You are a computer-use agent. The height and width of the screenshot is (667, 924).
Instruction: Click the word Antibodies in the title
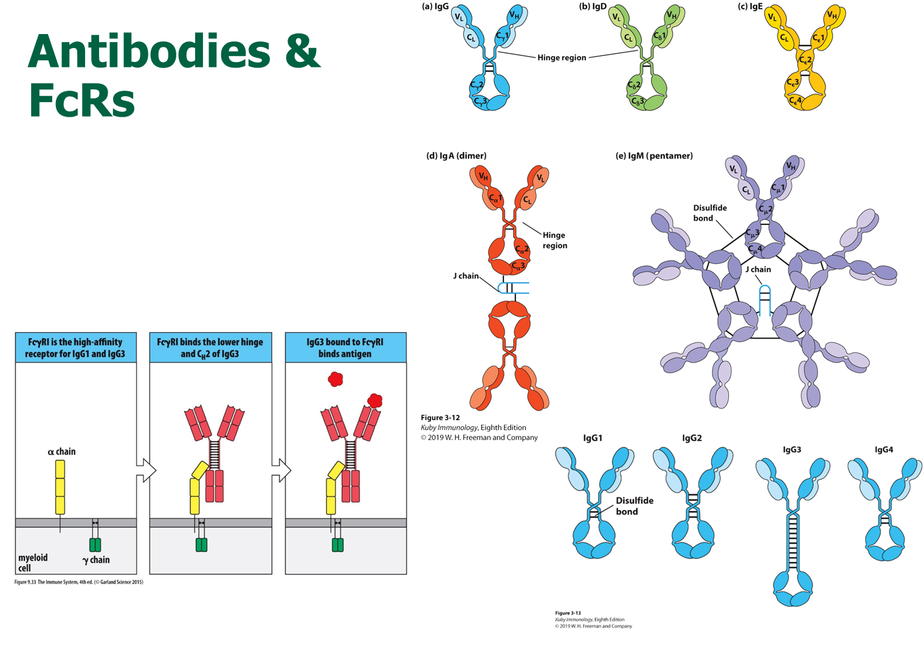tap(149, 52)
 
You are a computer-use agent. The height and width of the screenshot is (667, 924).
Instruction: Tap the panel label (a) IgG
tap(435, 7)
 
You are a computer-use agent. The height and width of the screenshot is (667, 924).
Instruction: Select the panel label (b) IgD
tap(593, 7)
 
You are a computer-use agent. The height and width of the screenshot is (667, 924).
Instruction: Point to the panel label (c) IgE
tap(750, 7)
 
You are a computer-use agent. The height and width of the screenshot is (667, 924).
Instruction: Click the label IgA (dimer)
tap(457, 156)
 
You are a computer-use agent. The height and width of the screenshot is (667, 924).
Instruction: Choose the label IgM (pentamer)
tap(654, 156)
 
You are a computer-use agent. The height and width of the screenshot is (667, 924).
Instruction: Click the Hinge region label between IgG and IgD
tap(562, 58)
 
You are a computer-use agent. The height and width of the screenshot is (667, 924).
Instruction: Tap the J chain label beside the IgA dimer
tap(466, 276)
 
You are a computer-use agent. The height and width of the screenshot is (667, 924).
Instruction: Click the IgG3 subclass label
tap(791, 450)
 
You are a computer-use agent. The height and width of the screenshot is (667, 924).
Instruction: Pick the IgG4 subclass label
tap(884, 450)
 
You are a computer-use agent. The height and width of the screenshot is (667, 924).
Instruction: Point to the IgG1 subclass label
tap(593, 438)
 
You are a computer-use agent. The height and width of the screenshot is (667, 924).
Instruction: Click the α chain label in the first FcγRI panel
tap(62, 452)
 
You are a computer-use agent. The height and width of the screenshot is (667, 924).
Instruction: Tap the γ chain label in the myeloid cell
tap(96, 560)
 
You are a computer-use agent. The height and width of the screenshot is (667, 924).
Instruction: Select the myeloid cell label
tap(33, 562)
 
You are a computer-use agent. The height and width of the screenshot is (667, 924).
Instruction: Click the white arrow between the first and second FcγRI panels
tap(146, 470)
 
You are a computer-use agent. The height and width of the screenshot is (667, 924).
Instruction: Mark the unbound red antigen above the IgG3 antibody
tap(336, 379)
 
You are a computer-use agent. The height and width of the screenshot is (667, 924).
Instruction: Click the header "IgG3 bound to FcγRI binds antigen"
tap(345, 348)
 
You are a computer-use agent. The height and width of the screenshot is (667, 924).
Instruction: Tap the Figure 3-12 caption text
tap(440, 418)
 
